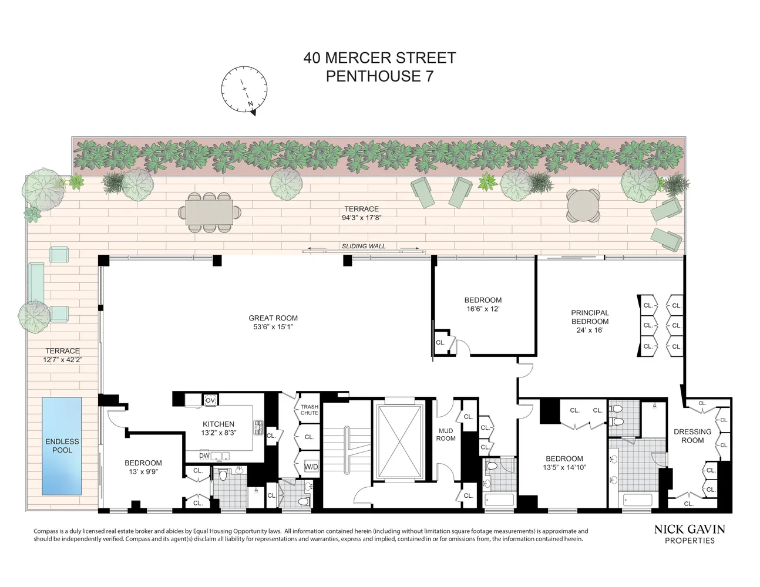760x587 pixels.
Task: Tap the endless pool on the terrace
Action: [x=62, y=446]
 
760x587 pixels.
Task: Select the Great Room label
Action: [x=273, y=318]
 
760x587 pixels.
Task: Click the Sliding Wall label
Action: [x=364, y=247]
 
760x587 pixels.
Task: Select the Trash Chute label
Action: [x=309, y=410]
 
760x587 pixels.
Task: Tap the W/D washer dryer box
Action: [x=311, y=467]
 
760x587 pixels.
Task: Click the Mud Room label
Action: [x=446, y=434]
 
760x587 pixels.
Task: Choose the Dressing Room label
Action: [x=692, y=436]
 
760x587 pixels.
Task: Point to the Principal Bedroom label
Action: [x=590, y=317]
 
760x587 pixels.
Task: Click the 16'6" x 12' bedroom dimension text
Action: [x=483, y=309]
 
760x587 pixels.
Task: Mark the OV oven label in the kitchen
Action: [x=210, y=400]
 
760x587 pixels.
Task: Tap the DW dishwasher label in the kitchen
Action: [x=204, y=456]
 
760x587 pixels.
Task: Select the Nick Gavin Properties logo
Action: [x=690, y=534]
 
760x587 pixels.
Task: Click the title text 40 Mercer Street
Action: [x=379, y=58]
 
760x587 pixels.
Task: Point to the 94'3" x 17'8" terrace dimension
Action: [x=361, y=217]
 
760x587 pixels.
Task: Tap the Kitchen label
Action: [x=218, y=424]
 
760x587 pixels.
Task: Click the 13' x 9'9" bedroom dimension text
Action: [x=143, y=471]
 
